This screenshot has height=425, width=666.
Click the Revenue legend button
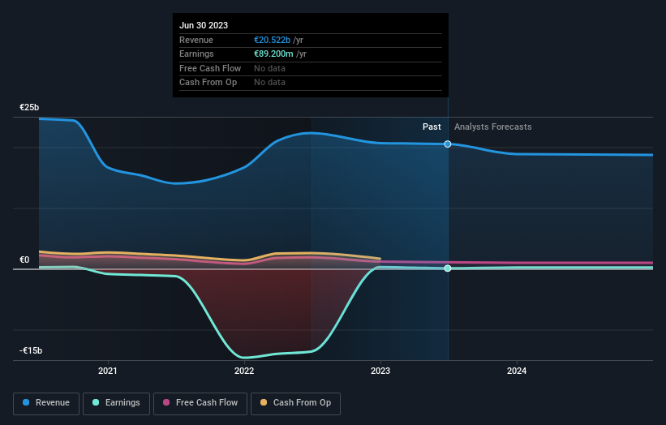(x=46, y=402)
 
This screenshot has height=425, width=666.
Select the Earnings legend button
(x=116, y=402)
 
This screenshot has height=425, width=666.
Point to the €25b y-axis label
(x=30, y=107)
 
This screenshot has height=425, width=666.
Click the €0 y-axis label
(x=24, y=260)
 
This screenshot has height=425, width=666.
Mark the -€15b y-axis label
(x=31, y=350)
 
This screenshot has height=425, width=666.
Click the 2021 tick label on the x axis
(x=108, y=371)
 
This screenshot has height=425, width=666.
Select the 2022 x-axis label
(x=244, y=371)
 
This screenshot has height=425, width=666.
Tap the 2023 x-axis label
(x=380, y=371)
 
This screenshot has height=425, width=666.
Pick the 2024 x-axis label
(x=517, y=371)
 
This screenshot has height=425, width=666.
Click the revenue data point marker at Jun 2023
(x=448, y=144)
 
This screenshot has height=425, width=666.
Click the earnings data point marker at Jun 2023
(x=448, y=268)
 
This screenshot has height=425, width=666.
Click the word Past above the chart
(x=432, y=127)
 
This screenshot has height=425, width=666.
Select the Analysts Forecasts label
(x=493, y=127)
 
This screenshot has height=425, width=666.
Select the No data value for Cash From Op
(x=269, y=82)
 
